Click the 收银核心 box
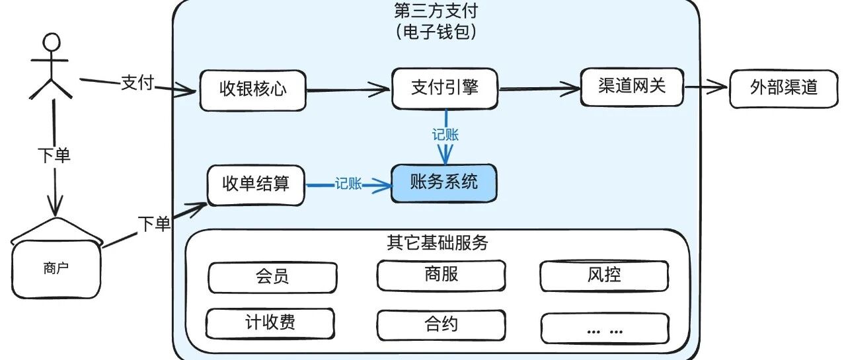point(253,89)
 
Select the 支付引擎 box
point(444,88)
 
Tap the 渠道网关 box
point(631,87)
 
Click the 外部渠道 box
point(783,88)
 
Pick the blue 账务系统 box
point(443,183)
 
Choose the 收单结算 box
point(256,185)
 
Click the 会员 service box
point(272,277)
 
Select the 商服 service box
point(442,275)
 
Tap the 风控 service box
point(603,275)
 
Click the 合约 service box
point(442,325)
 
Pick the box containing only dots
point(604,328)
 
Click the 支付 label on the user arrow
point(137,83)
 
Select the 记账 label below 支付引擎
point(445,135)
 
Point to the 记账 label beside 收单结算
point(348,184)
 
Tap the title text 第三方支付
point(435,11)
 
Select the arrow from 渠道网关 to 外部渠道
point(706,87)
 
